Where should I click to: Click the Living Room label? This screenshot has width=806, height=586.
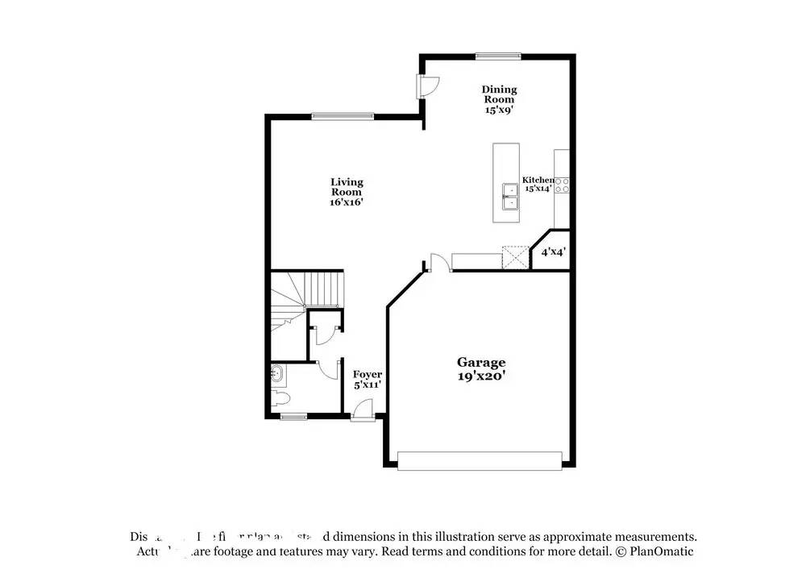click(x=347, y=192)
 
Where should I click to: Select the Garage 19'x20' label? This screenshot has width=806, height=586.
click(x=481, y=369)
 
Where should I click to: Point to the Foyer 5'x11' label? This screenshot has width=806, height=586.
click(x=367, y=380)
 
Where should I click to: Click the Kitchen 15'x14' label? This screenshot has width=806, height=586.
click(x=538, y=184)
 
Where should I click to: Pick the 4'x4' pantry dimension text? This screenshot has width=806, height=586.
click(x=553, y=252)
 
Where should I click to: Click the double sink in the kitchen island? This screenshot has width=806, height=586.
click(x=509, y=196)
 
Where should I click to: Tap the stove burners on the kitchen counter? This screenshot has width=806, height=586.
click(x=562, y=185)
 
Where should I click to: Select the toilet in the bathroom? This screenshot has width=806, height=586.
click(x=280, y=397)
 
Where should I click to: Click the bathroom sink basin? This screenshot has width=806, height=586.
click(x=276, y=373)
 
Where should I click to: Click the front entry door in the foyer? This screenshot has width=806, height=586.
click(x=363, y=410)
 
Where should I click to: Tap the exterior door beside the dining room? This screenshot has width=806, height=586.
click(x=427, y=85)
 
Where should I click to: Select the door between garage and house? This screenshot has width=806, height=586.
click(x=438, y=263)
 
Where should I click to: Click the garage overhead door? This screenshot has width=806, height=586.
click(x=480, y=460)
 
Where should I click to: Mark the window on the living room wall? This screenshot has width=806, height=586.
click(x=343, y=116)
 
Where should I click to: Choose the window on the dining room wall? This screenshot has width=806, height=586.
click(x=497, y=56)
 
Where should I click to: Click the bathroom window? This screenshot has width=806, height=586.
click(x=293, y=417)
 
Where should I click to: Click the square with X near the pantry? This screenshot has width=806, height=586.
click(x=514, y=257)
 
